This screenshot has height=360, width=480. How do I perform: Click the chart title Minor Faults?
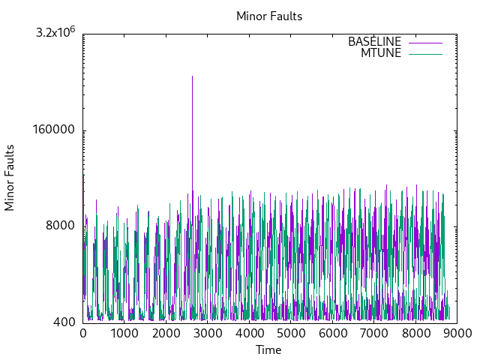point(269,16)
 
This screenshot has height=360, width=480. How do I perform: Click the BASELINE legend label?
point(374,42)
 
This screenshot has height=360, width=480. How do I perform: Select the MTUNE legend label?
point(381,53)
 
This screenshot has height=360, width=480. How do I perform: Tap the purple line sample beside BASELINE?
point(425,42)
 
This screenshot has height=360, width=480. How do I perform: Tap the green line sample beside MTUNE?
point(425,53)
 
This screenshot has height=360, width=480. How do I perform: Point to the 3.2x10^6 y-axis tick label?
point(57,33)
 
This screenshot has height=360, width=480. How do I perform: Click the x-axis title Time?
point(268,349)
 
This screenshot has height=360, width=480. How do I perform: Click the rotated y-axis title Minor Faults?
point(10,178)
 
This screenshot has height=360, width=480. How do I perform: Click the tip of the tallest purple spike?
point(192,76)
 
